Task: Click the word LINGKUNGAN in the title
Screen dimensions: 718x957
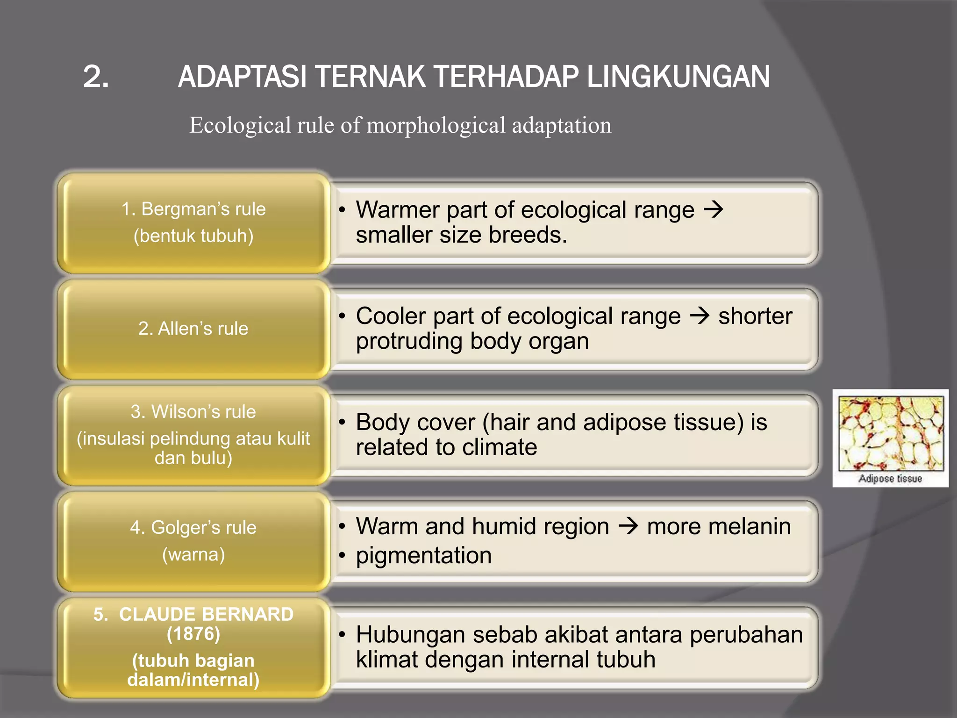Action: pyautogui.click(x=678, y=77)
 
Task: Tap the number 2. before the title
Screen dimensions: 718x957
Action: pyautogui.click(x=96, y=77)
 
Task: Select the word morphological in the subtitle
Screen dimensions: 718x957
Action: pyautogui.click(x=436, y=125)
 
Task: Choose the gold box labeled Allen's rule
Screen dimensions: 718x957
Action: pyautogui.click(x=193, y=329)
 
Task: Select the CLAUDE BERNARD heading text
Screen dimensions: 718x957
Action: pyautogui.click(x=193, y=614)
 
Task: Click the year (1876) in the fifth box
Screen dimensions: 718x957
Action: pyautogui.click(x=193, y=634)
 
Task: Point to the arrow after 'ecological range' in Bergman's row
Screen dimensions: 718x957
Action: pyautogui.click(x=714, y=209)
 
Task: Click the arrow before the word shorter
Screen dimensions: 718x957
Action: pyautogui.click(x=700, y=316)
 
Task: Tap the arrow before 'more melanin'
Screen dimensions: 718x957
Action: pyautogui.click(x=628, y=526)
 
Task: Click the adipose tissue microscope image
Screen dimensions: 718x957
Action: pyautogui.click(x=891, y=433)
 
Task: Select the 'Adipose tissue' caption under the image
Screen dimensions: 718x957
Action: pyautogui.click(x=890, y=479)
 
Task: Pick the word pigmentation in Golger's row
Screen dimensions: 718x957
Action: pyautogui.click(x=424, y=556)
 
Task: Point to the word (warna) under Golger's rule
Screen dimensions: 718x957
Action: pyautogui.click(x=193, y=554)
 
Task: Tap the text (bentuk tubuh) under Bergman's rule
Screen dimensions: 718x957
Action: pyautogui.click(x=193, y=236)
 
